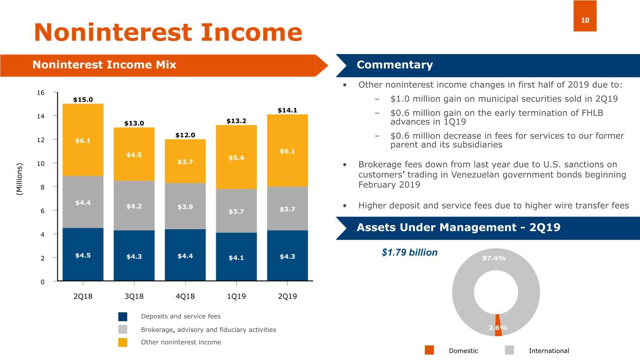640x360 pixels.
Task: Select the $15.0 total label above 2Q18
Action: click(x=83, y=99)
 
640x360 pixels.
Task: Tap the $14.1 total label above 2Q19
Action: click(x=287, y=111)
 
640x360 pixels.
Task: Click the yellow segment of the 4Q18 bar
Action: click(x=185, y=161)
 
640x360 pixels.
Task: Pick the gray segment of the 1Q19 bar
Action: click(x=236, y=211)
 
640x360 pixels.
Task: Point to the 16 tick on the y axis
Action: click(x=41, y=92)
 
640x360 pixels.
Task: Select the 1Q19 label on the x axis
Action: click(x=236, y=297)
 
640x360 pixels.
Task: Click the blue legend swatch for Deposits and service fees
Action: click(x=123, y=316)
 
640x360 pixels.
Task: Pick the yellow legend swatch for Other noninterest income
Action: click(x=123, y=342)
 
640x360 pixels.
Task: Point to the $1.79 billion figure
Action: click(x=409, y=253)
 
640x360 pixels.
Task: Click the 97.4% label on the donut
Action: click(x=494, y=258)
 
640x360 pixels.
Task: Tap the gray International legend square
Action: click(x=510, y=350)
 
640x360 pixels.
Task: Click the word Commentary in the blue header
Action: click(x=394, y=65)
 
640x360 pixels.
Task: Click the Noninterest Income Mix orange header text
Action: click(x=104, y=65)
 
